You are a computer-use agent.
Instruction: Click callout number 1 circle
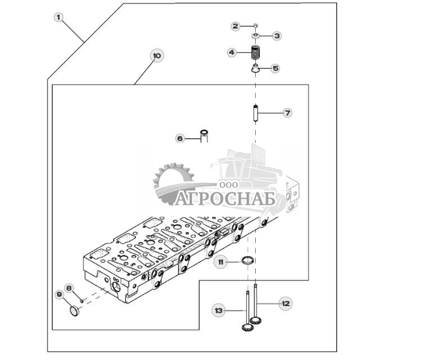(58, 17)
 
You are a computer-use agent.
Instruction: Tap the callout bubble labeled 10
(157, 56)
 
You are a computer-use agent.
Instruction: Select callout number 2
(236, 26)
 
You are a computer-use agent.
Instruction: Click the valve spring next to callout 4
(255, 52)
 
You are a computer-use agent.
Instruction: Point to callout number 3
(277, 36)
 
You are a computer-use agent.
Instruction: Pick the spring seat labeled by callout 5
(255, 69)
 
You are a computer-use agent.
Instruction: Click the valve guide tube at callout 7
(255, 113)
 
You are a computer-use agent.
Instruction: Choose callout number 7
(287, 113)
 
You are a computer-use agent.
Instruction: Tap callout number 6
(180, 139)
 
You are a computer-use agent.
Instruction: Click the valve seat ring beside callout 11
(248, 260)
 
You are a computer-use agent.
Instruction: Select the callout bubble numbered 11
(221, 262)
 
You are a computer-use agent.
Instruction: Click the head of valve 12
(256, 320)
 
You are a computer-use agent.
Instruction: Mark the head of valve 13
(247, 327)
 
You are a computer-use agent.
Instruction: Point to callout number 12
(286, 303)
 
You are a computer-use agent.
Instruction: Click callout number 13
(219, 311)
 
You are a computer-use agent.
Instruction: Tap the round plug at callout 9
(74, 311)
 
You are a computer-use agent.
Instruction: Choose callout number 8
(69, 288)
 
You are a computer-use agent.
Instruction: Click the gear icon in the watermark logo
(172, 183)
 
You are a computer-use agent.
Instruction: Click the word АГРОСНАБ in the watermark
(225, 199)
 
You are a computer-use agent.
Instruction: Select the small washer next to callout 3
(255, 35)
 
